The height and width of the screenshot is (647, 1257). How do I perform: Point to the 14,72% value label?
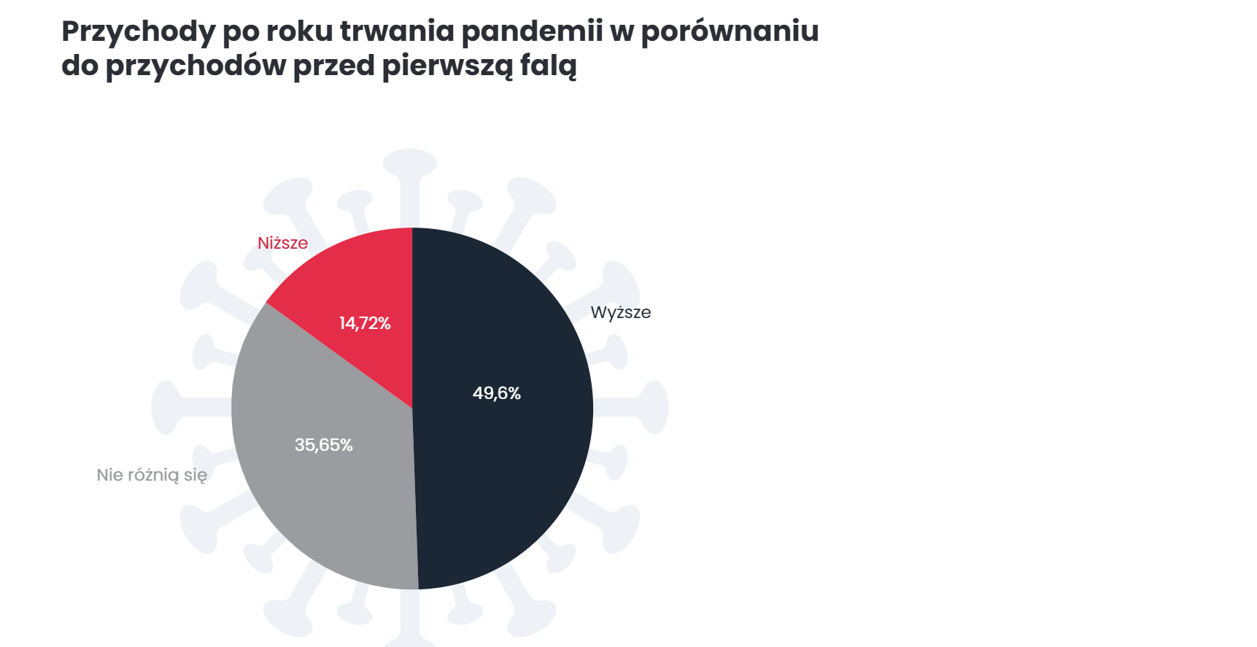[x=365, y=323]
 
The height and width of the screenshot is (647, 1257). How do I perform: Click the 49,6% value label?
[x=497, y=393]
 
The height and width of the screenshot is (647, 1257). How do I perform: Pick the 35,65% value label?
[x=323, y=445]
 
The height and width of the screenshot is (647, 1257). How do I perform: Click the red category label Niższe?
[x=282, y=243]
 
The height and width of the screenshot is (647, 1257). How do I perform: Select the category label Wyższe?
[x=621, y=312]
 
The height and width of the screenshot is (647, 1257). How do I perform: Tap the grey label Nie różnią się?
[x=152, y=475]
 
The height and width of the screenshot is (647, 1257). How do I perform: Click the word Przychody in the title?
[x=139, y=32]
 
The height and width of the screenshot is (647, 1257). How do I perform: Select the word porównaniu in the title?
[x=730, y=32]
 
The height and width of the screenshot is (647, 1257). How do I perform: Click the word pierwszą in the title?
[x=447, y=66]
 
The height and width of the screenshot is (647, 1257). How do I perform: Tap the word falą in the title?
[x=548, y=66]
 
